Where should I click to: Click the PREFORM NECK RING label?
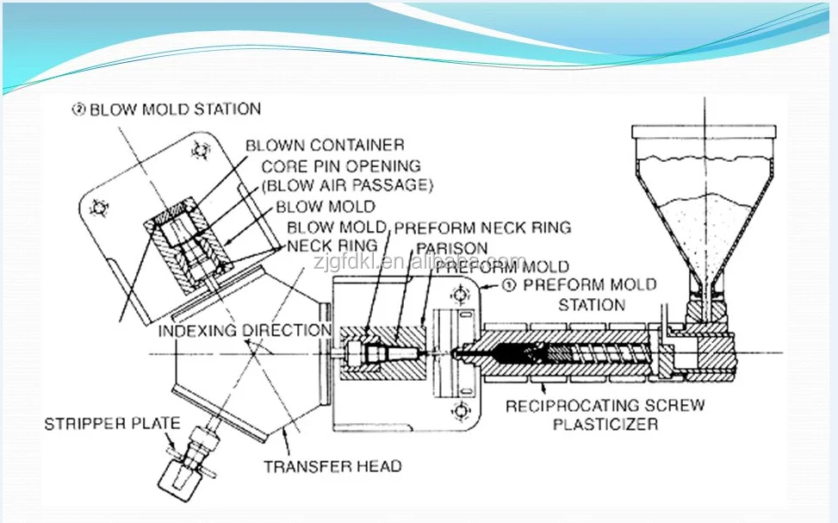pos(482,227)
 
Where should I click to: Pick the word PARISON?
pos(451,248)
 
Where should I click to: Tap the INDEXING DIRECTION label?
pos(245,330)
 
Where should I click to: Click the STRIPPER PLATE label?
pos(113,423)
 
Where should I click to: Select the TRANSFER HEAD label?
pos(332,466)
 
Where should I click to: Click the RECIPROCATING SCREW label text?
pos(605,405)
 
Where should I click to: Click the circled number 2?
pos(78,109)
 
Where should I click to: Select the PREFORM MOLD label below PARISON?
pos(501,266)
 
